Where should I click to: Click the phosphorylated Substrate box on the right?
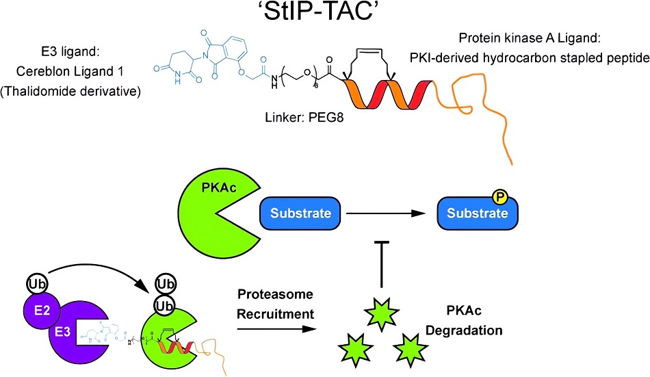click(x=478, y=213)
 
